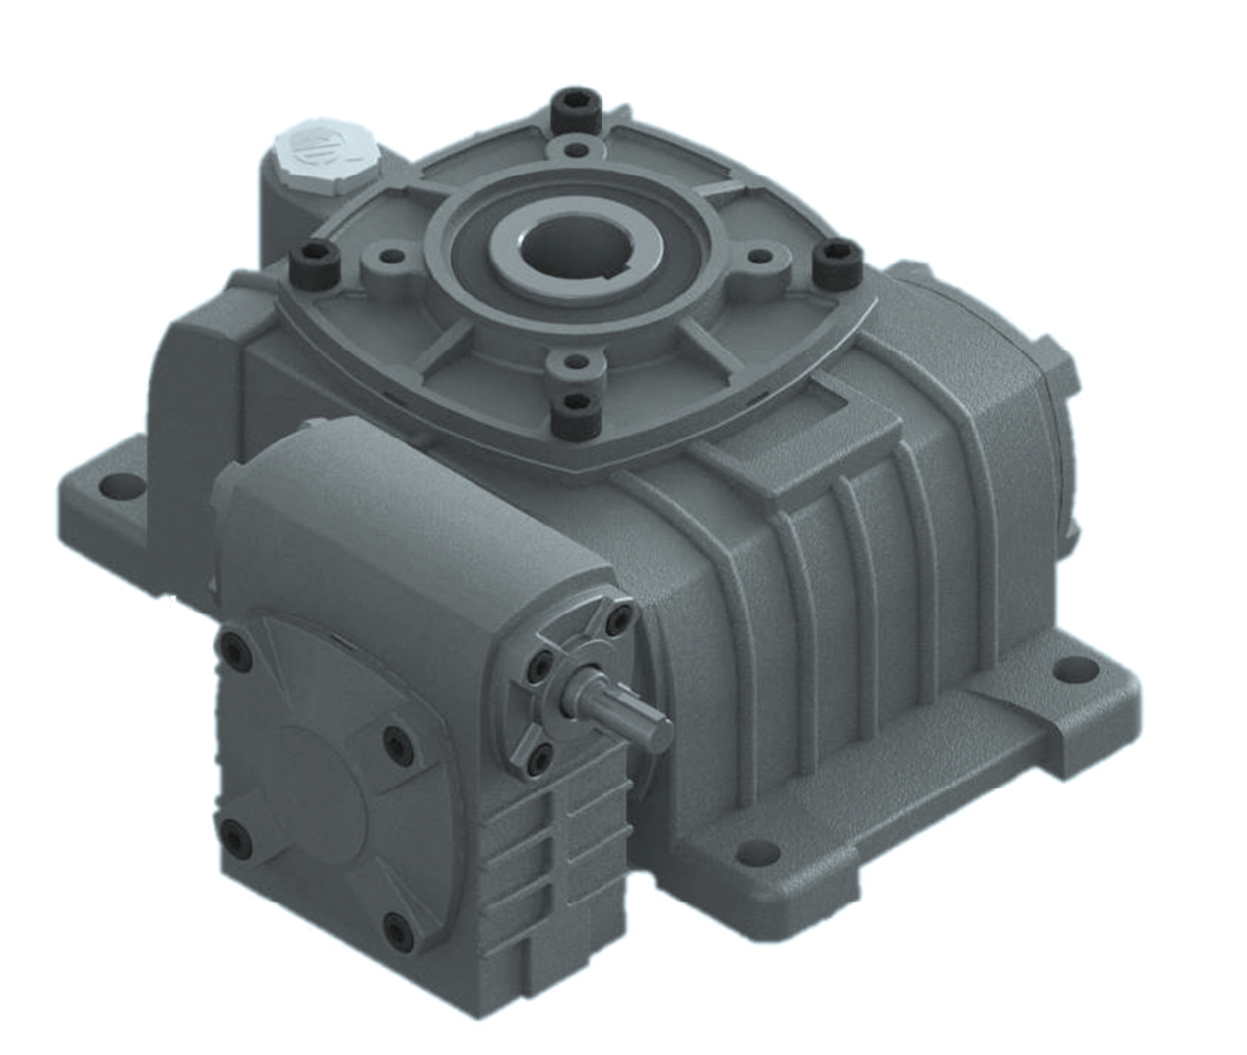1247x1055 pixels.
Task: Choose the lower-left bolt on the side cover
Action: (x=235, y=838)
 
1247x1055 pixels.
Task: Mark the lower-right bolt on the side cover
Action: (x=399, y=931)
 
